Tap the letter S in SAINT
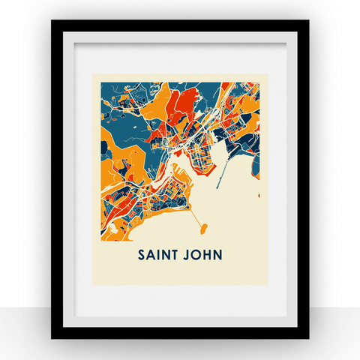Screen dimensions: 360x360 [142, 255]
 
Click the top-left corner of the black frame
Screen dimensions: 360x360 [52, 22]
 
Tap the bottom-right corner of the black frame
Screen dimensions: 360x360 [307, 337]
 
